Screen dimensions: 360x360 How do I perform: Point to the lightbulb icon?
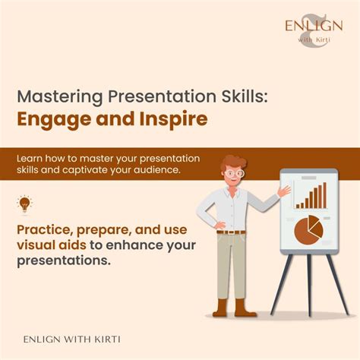point(24,203)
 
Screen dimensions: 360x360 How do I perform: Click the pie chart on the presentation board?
point(307,229)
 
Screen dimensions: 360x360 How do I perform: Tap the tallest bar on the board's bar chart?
point(324,195)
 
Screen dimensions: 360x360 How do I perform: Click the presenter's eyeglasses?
point(236,173)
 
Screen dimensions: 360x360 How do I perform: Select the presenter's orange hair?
point(231,162)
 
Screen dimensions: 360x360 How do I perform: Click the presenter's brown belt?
point(232,231)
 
